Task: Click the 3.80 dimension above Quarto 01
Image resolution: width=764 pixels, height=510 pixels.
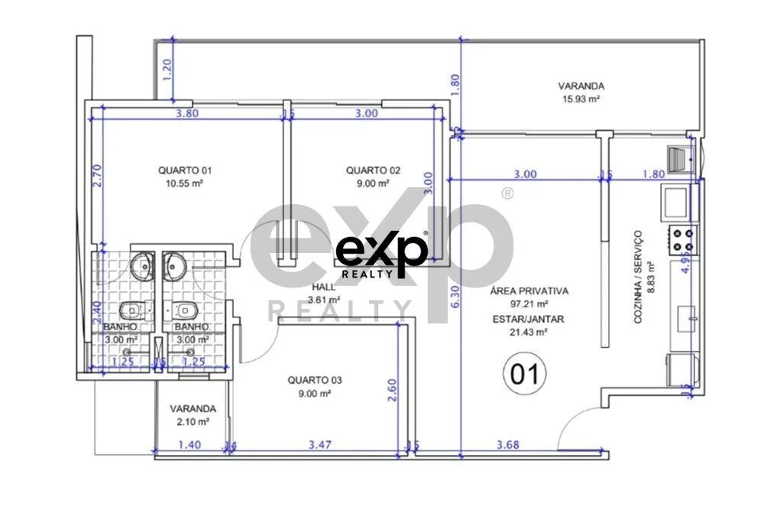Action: point(187,114)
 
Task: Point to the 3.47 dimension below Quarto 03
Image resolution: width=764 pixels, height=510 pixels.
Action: point(320,444)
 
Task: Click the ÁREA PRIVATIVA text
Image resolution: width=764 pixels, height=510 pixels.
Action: point(529,291)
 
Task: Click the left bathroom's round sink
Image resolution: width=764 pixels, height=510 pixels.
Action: point(142,266)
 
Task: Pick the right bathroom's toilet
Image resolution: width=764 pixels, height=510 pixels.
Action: point(183,310)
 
